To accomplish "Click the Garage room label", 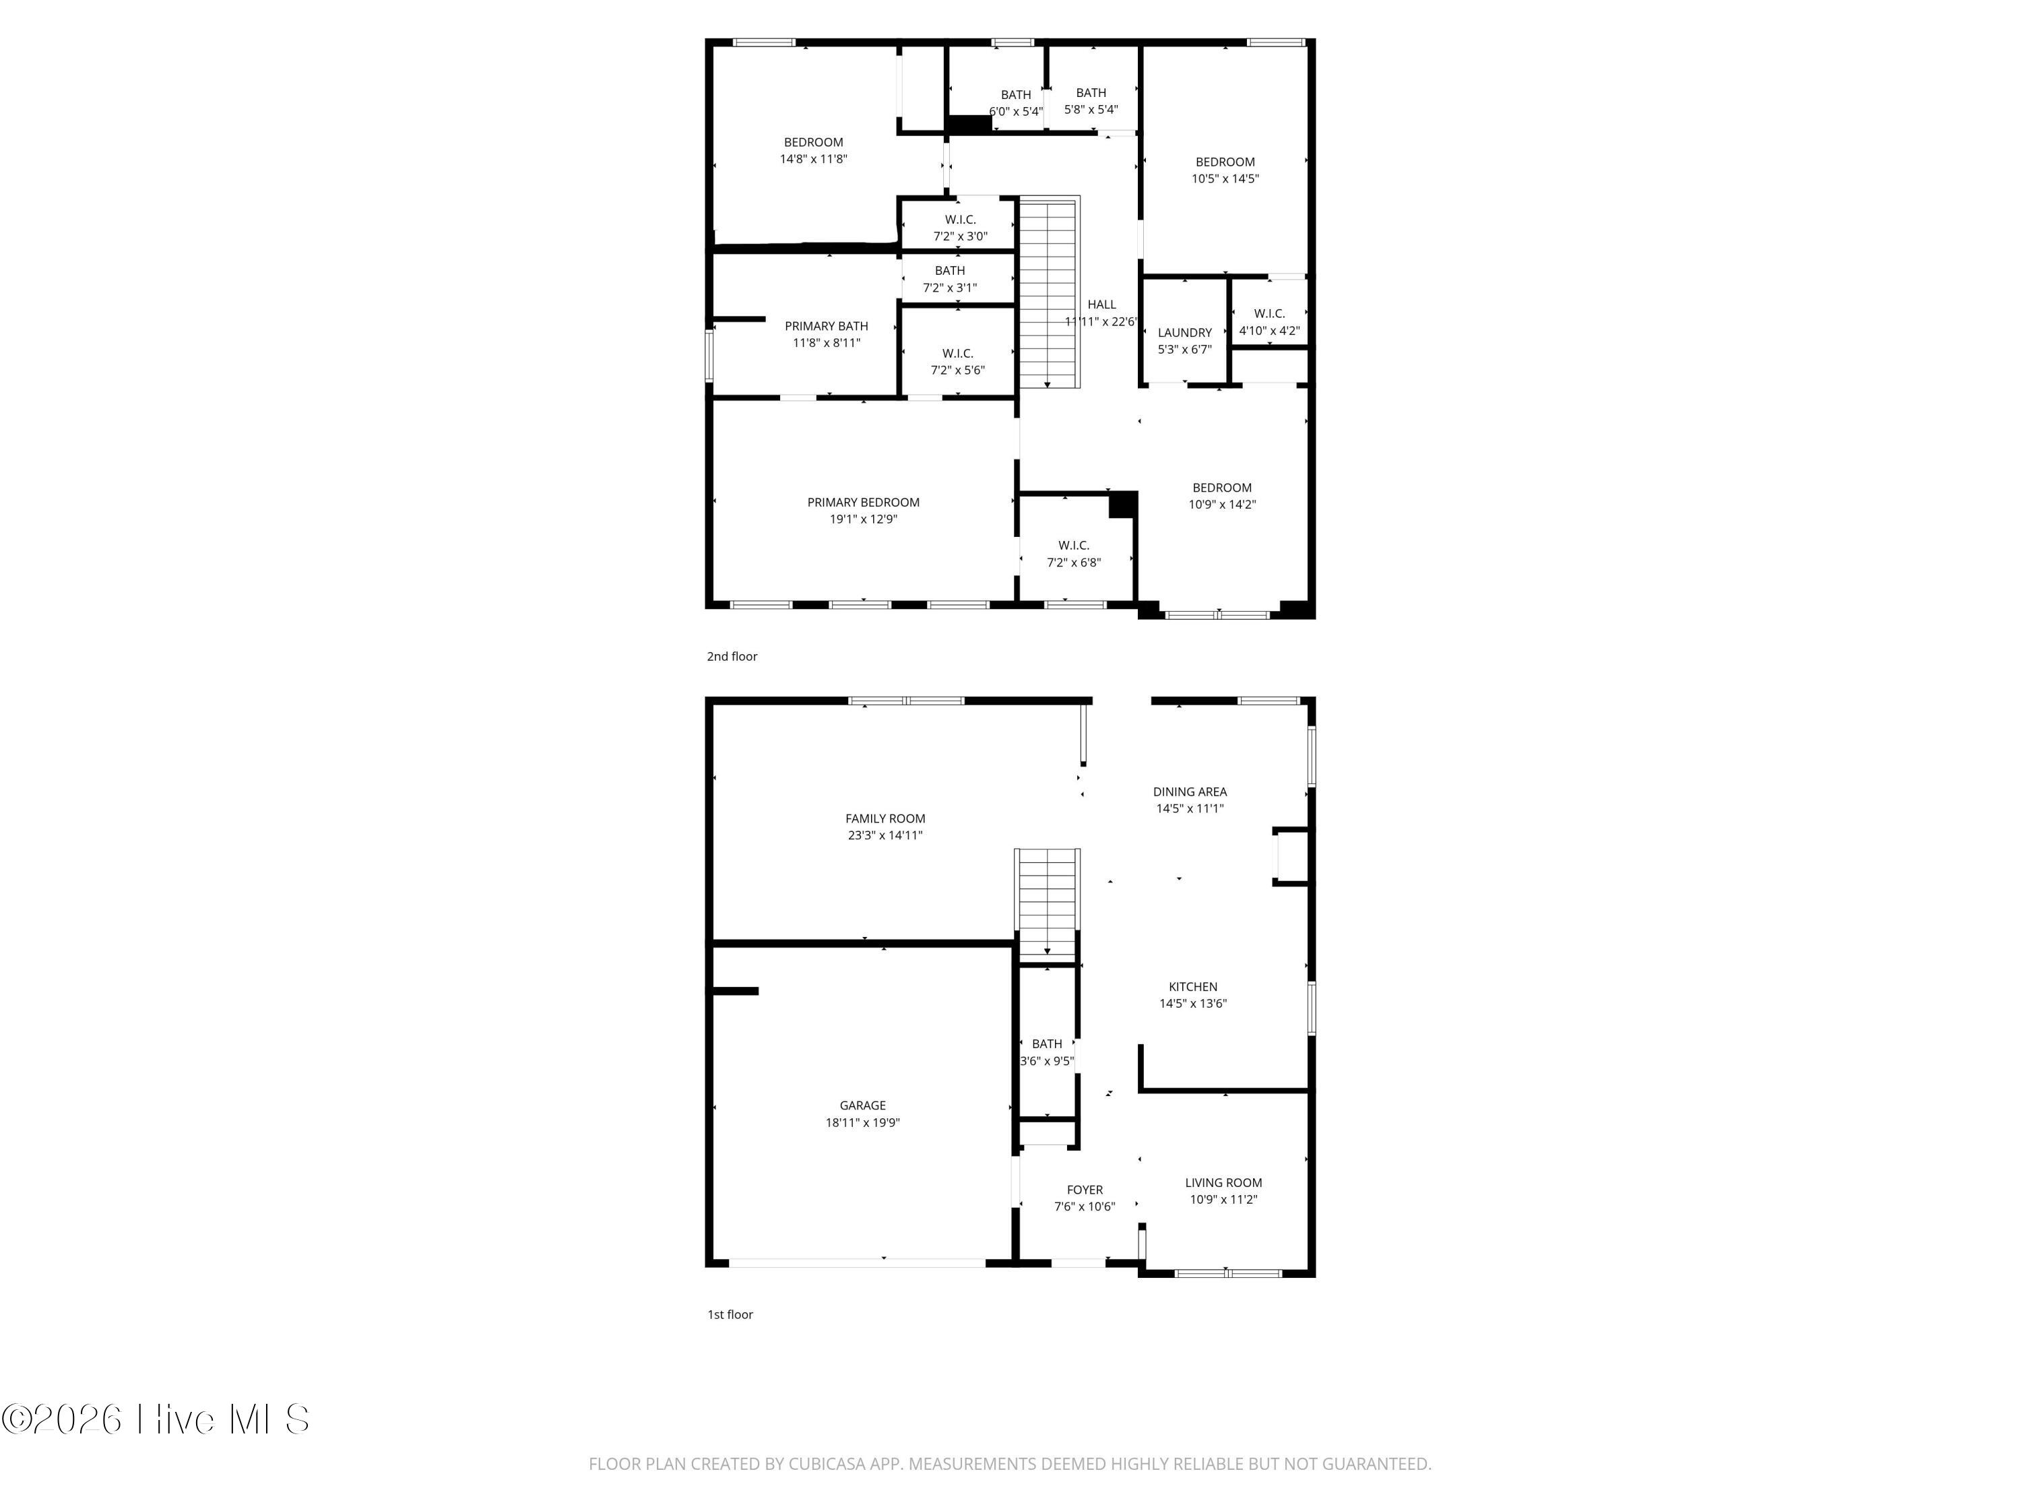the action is (862, 1105).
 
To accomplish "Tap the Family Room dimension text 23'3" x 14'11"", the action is (885, 835).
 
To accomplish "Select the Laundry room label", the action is (1184, 333).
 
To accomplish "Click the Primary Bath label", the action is (827, 325).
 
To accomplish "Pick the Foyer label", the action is (1085, 1189).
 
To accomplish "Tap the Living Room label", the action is (1223, 1182).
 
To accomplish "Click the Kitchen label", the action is (1192, 987).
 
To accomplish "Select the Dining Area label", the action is (1190, 792).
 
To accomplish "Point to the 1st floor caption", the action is (730, 1314).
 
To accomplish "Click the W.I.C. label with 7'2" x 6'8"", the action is (1074, 545).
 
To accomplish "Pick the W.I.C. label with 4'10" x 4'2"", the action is (1269, 313).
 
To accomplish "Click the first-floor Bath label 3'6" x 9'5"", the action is (1047, 1043).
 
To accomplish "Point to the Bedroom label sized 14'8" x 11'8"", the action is (814, 142).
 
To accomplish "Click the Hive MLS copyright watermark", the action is (155, 1419).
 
